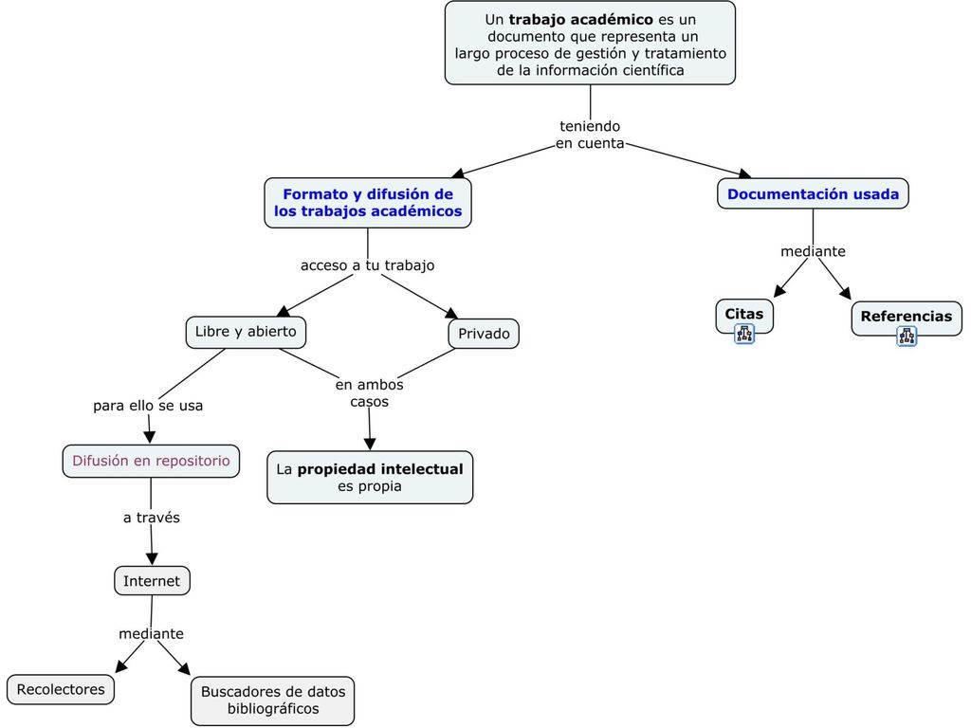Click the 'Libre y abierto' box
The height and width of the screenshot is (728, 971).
point(246,333)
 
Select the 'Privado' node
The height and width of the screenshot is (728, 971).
point(484,334)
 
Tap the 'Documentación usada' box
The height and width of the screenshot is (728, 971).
point(813,193)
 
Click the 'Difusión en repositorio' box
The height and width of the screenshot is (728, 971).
point(151,462)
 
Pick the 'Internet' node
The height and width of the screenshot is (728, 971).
point(152,581)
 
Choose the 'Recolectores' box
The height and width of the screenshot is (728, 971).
point(61,690)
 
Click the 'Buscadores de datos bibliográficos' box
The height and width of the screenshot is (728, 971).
point(273,701)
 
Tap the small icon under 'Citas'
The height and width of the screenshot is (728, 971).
point(744,335)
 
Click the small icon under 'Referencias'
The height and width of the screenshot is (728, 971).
point(907,337)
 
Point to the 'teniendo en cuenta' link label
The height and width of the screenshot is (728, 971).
point(590,135)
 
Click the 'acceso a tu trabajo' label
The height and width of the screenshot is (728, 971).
point(367,265)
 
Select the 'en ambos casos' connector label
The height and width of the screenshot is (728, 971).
point(369,393)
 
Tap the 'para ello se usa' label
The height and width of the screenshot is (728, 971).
point(148,406)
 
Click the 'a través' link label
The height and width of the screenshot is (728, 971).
point(152,518)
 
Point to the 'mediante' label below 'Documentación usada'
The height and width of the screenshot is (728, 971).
point(813,251)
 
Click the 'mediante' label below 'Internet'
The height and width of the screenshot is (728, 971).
point(151,634)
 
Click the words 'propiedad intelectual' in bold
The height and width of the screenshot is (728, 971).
point(380,469)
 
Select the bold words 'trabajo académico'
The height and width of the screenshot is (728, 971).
point(581,20)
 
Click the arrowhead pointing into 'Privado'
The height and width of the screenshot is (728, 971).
point(452,313)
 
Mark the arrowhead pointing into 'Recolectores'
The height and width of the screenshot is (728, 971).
point(121,666)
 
